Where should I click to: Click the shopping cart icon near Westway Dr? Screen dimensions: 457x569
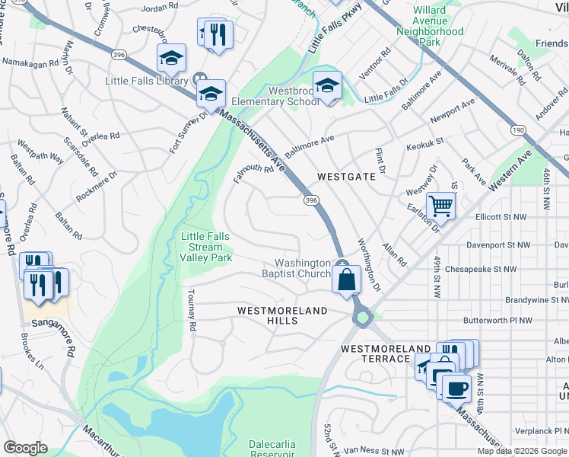(x=440, y=206)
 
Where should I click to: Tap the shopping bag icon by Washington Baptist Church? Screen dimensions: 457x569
(x=346, y=279)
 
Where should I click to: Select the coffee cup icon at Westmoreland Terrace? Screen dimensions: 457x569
(x=456, y=387)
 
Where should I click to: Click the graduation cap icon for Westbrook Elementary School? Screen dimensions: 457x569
(x=327, y=85)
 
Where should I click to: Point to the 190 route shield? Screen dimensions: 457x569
(x=515, y=130)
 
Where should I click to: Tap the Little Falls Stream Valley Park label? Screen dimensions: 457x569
(x=206, y=248)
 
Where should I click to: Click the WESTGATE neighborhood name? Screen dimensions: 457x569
(x=346, y=176)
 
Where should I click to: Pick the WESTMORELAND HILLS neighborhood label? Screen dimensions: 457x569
(x=281, y=316)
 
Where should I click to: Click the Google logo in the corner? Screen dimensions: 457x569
(x=24, y=448)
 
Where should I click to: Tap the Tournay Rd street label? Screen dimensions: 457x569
(x=192, y=310)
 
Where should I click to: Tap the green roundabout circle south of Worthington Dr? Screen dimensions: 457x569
(x=362, y=316)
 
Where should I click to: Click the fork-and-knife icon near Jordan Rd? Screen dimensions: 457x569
(x=219, y=34)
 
